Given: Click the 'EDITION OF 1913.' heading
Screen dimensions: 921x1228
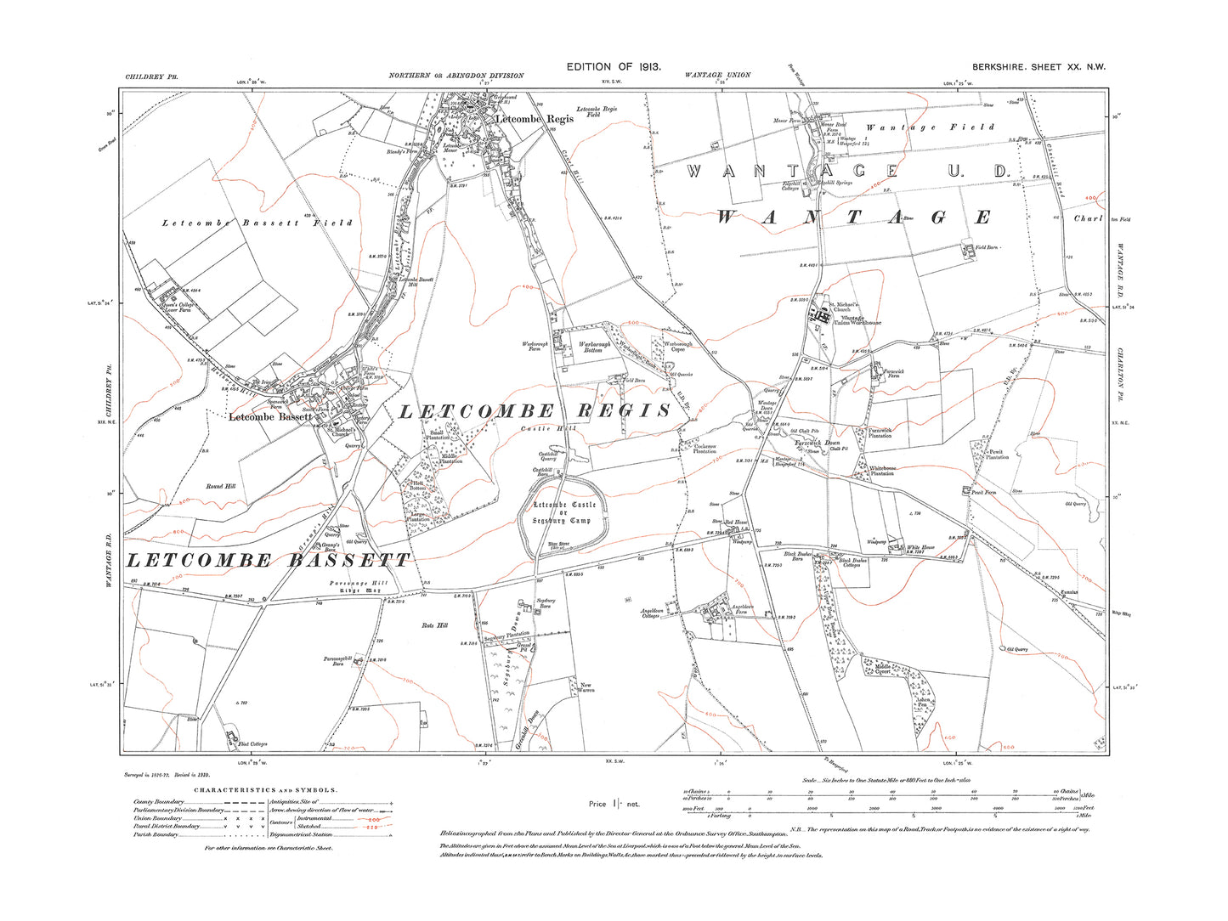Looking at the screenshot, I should coord(613,66).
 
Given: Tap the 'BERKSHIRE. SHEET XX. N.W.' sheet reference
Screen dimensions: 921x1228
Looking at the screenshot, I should coord(1038,67).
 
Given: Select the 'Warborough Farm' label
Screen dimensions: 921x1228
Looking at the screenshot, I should coord(535,347).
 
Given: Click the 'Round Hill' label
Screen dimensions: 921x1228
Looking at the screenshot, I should coord(220,486).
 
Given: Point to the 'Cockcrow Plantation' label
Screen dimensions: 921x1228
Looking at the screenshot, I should coord(705,449).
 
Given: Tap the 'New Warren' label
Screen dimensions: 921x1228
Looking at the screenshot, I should coord(586,687).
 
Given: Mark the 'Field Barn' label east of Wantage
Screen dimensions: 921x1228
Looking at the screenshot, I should coord(986,247).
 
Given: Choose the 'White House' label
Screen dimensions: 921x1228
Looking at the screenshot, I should coord(920,548).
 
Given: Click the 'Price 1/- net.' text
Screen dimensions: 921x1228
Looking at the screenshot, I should coord(614,804).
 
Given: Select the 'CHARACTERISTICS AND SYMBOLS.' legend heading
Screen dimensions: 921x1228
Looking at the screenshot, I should coord(265,790).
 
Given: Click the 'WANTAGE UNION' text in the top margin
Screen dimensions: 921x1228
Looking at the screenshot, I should coord(717,76).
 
